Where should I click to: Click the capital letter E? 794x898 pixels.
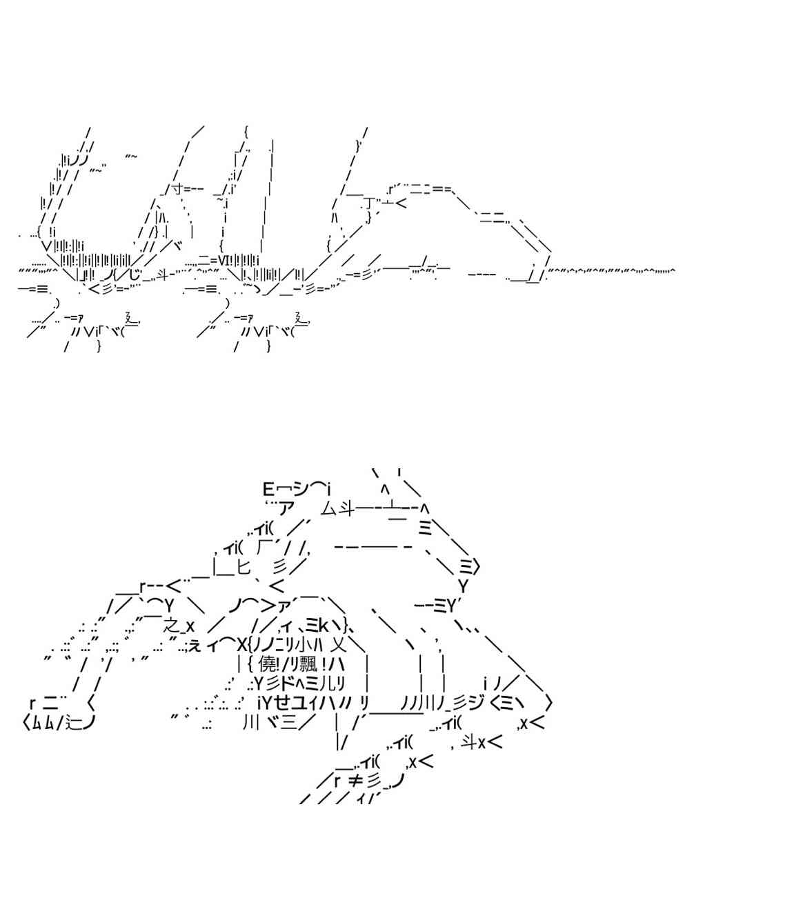pyautogui.click(x=269, y=490)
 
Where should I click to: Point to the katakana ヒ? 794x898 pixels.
pyautogui.click(x=244, y=568)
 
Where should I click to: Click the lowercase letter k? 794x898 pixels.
pyautogui.click(x=324, y=626)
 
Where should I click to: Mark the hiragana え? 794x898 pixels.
pyautogui.click(x=195, y=646)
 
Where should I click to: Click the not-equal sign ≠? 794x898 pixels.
pyautogui.click(x=355, y=781)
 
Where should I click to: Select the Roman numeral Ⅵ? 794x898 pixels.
pyautogui.click(x=225, y=260)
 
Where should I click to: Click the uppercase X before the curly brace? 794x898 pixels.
pyautogui.click(x=241, y=646)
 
